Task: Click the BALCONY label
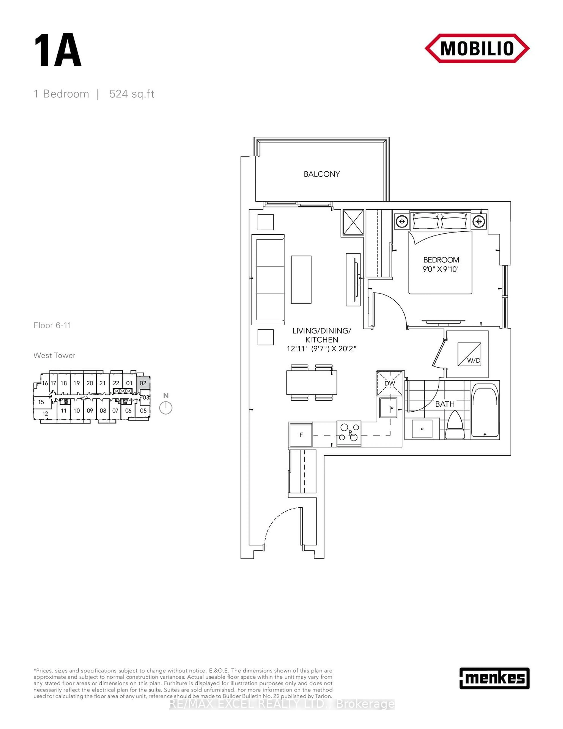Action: pos(322,174)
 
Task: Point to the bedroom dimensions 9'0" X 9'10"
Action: pos(441,269)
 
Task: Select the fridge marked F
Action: pos(301,435)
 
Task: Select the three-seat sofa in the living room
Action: pos(268,279)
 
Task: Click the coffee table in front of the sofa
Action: pos(301,279)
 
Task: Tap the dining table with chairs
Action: pos(312,383)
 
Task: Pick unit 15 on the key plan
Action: pos(41,402)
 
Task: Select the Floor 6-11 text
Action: pos(52,325)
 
